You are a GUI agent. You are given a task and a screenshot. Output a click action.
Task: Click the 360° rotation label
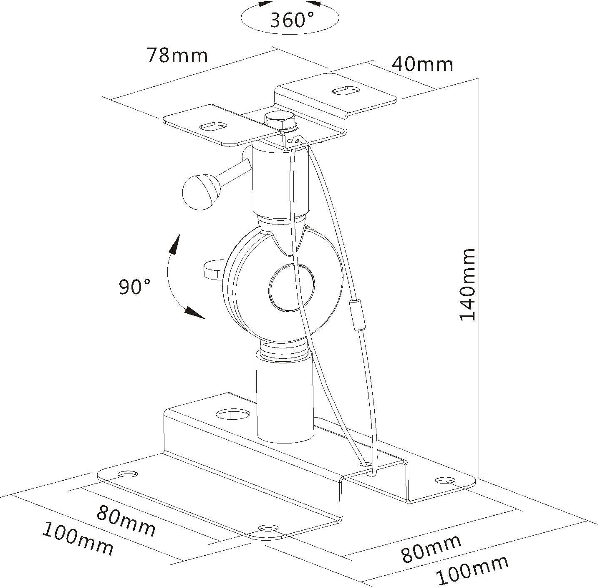tap(291, 20)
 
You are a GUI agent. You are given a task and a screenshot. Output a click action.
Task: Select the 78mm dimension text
tap(177, 55)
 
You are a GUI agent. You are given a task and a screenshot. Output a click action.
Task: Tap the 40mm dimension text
tap(422, 64)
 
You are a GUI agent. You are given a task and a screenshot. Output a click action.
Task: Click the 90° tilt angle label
tap(135, 287)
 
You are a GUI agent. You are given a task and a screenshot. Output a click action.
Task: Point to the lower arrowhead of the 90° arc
tap(194, 312)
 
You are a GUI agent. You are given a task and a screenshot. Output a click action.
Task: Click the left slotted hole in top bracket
tap(214, 126)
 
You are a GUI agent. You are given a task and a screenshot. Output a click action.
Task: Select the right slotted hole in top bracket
tap(346, 91)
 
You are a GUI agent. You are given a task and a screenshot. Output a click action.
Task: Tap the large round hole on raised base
tap(232, 414)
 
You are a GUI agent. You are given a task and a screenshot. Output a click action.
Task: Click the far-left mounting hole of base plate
tap(128, 474)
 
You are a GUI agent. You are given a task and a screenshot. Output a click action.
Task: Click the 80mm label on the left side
tap(126, 521)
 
